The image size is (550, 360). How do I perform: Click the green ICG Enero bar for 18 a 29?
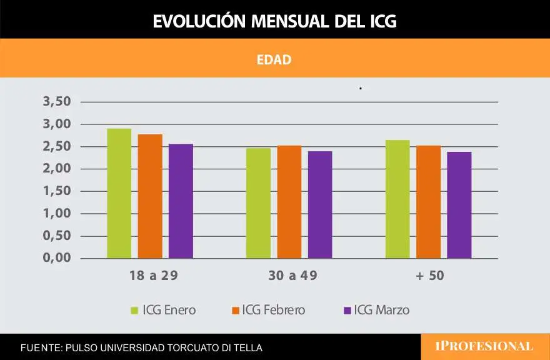point(119,194)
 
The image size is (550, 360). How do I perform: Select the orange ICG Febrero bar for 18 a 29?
point(150,196)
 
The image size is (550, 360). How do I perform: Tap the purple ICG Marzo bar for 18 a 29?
point(181,201)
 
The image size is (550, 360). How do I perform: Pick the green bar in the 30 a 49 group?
point(258,203)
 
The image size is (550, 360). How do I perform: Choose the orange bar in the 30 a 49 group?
point(289,202)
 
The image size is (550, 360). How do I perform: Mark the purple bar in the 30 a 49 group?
point(320,205)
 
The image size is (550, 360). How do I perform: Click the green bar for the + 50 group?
point(397,199)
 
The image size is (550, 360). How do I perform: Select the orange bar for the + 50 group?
point(428,202)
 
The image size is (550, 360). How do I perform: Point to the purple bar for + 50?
point(459,205)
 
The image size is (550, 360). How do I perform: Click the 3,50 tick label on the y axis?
point(57,102)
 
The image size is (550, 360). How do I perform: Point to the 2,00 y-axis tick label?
point(57,169)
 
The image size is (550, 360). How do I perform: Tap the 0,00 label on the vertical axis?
point(57,258)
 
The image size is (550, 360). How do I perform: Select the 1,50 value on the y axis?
point(57,191)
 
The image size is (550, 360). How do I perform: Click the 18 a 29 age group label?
point(149,276)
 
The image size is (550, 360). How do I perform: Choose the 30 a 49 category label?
point(289,276)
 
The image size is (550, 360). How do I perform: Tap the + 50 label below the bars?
point(428,276)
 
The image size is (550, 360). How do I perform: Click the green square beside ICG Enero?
point(134,310)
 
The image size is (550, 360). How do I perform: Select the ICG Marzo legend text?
point(381,310)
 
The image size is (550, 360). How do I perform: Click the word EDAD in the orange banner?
point(274,60)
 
